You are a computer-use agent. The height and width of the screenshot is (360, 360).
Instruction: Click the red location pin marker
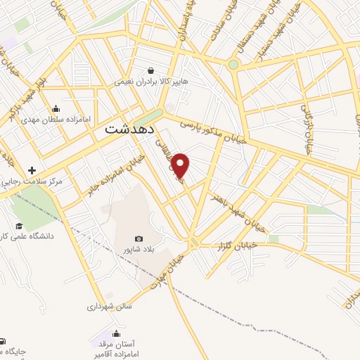coord(181,165)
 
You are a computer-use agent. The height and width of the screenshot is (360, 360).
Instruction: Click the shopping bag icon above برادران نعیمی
coord(151,70)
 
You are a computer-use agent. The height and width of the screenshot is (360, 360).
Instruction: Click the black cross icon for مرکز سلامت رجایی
coord(32,170)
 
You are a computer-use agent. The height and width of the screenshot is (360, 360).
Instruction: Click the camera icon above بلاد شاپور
coord(139,239)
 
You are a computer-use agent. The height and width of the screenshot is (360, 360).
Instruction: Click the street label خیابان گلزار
coord(252,245)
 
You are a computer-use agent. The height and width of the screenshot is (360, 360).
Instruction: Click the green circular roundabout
coord(233,65)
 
